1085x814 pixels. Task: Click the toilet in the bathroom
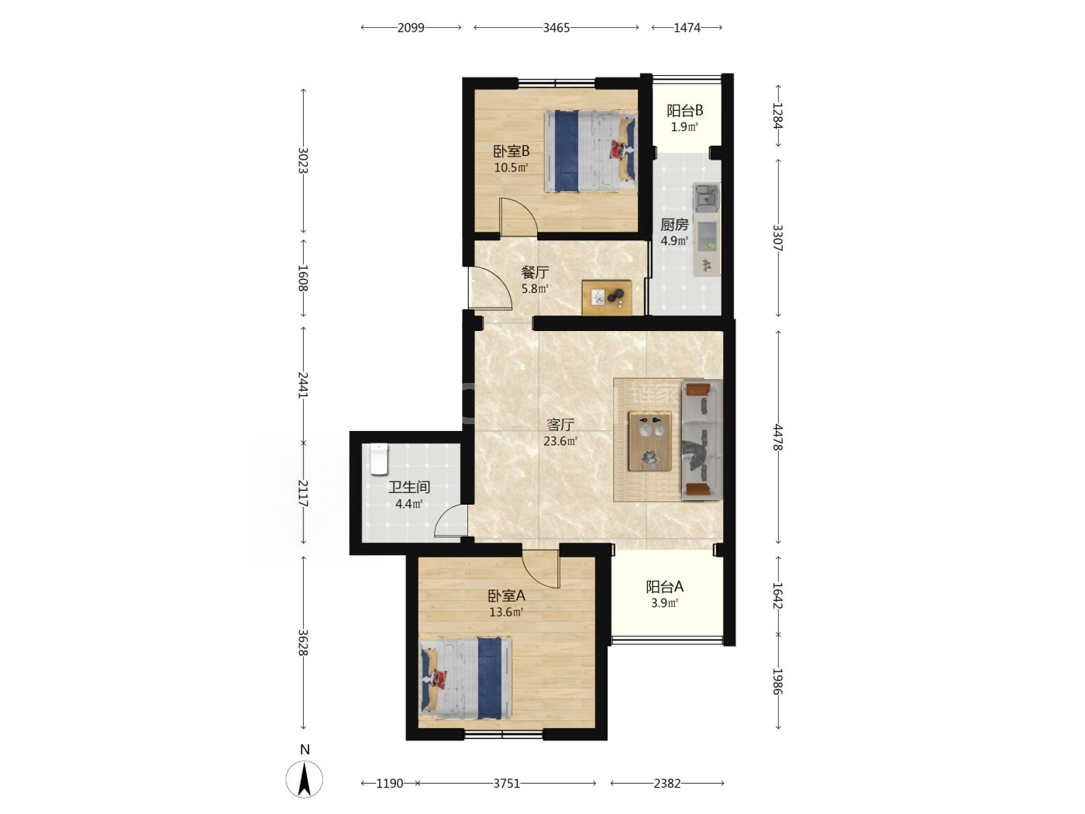[379, 459]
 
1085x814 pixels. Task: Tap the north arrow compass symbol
[305, 779]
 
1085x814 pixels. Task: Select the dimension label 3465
[556, 28]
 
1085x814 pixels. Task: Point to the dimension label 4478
[777, 437]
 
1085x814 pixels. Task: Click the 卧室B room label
[511, 150]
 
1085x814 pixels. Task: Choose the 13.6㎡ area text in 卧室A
[506, 612]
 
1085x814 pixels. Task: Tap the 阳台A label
[664, 587]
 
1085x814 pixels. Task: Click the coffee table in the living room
[649, 441]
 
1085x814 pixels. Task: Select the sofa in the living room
[702, 440]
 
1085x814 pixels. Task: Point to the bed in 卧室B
[591, 151]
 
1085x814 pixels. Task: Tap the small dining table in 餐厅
[607, 298]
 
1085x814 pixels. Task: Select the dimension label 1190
[390, 783]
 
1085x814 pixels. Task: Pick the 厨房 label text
[674, 225]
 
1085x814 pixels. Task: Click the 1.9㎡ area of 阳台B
[684, 127]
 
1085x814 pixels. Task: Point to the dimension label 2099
[411, 28]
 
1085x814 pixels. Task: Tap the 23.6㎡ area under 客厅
[560, 441]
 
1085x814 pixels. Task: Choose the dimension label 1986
[777, 681]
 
